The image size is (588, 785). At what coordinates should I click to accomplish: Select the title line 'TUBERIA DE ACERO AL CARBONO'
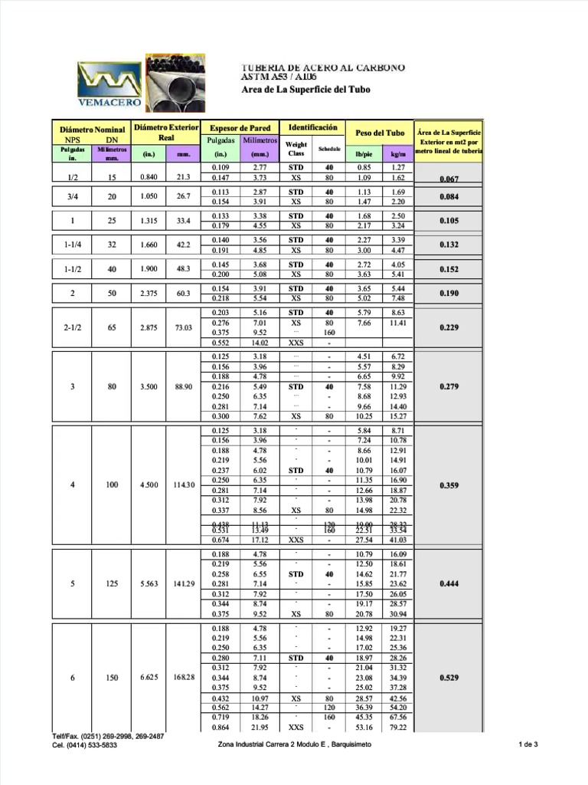point(323,67)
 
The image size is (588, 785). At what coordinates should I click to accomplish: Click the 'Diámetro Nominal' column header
point(92,130)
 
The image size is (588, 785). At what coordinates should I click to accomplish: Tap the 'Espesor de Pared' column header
point(240,128)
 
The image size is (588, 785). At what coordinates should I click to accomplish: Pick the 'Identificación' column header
point(312,127)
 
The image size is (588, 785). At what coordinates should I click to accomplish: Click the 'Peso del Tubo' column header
point(379,133)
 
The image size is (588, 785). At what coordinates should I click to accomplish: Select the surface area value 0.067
point(449,179)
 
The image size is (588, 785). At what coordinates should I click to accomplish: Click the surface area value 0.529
point(449,678)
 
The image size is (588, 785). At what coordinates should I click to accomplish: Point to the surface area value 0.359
point(449,485)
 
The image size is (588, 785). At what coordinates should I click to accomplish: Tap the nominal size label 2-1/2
point(72,327)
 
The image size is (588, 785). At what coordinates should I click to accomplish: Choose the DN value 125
point(112,583)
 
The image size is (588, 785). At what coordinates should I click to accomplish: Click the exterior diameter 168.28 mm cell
point(183,678)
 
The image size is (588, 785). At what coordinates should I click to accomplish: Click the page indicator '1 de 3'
point(528,744)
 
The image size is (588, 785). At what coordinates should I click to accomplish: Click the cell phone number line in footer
point(84,744)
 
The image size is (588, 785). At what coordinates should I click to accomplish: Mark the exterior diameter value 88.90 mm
point(183,386)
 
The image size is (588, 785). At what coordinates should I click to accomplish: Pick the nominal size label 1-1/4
point(72,245)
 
